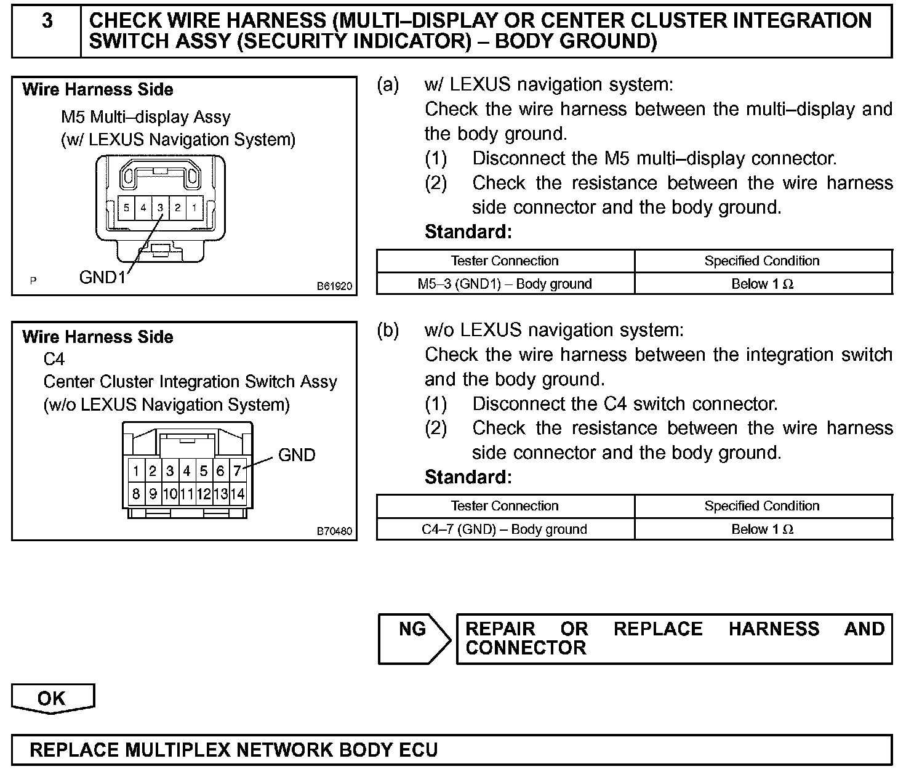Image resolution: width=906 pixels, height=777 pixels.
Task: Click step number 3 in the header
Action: coord(47,22)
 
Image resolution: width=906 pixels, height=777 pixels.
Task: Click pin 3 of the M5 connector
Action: coord(160,208)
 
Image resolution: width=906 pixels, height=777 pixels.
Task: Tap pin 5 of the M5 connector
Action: coord(126,208)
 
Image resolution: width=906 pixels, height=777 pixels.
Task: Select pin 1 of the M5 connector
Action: coord(194,208)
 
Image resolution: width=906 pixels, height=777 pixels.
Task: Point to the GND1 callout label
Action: coord(102,278)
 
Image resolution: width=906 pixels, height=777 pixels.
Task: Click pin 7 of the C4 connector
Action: coord(237,472)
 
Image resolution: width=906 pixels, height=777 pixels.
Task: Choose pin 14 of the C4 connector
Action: coord(238,494)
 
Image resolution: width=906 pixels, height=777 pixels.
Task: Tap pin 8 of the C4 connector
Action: coord(136,494)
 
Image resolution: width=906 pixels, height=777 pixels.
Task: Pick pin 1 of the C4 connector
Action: coord(136,472)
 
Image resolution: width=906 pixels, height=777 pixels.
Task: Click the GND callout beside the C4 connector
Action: coord(297,455)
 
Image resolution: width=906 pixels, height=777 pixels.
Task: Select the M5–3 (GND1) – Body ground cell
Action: coord(505,284)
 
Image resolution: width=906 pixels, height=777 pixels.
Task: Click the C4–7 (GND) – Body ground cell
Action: coord(505,529)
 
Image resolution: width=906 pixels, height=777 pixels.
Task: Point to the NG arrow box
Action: coord(413,638)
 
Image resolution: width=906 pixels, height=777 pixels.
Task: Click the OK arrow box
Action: coord(52,698)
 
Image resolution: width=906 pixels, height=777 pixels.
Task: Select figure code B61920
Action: coord(335,286)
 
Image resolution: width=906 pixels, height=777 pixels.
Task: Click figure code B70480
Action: coord(335,531)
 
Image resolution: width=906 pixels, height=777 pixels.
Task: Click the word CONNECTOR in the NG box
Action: coord(526,648)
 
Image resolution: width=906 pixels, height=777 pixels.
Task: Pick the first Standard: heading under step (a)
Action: coord(468,232)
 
